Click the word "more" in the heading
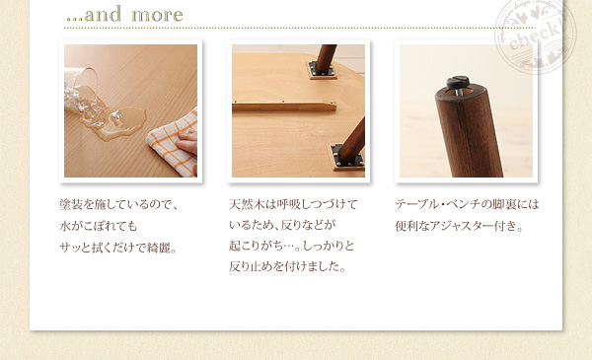click(157, 15)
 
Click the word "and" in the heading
click(103, 14)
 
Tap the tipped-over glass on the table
click(82, 92)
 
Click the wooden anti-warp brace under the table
click(284, 107)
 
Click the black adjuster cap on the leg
click(458, 82)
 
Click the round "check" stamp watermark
click(536, 35)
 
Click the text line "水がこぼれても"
click(98, 226)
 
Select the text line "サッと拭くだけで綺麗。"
click(118, 248)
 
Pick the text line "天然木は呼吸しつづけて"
click(293, 204)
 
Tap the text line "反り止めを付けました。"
click(288, 266)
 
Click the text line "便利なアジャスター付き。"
click(460, 226)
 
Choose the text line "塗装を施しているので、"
click(118, 204)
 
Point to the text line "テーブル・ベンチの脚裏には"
click(467, 204)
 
